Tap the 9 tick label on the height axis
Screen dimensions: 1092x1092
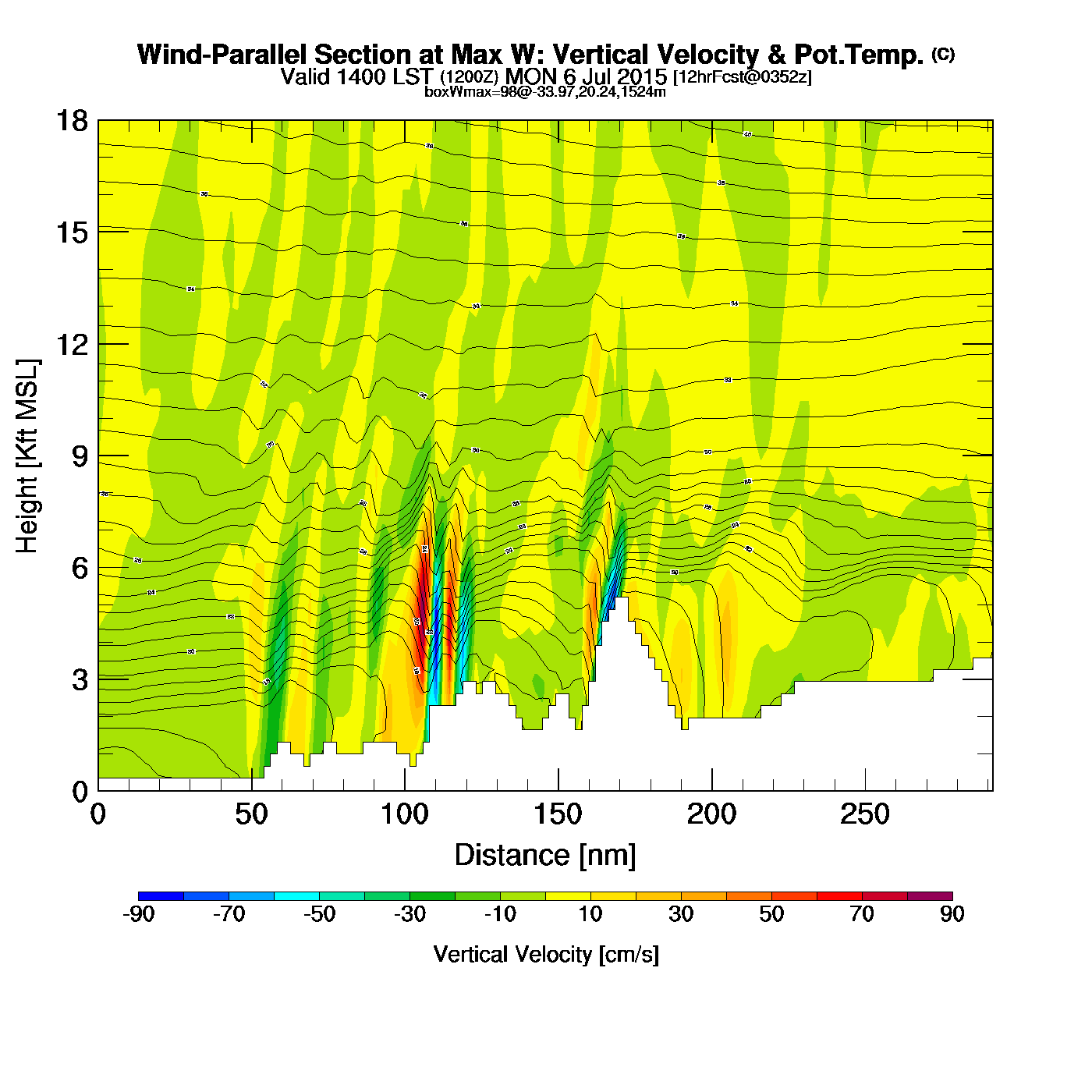point(80,456)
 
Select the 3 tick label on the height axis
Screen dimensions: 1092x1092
point(80,680)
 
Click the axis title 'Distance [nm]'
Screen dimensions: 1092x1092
point(545,856)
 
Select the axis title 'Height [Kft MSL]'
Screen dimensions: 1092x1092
point(28,456)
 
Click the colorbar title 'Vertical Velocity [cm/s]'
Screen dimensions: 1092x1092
point(545,955)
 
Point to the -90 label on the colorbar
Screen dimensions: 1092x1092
point(139,915)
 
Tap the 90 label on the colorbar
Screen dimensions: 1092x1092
point(952,915)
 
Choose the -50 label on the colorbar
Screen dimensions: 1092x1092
point(320,915)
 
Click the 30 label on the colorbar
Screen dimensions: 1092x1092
point(681,915)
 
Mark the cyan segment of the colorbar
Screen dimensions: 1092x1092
point(297,896)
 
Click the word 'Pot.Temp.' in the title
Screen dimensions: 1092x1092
point(859,55)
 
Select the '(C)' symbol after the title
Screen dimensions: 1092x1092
point(943,54)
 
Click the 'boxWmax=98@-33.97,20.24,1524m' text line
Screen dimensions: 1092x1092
point(545,92)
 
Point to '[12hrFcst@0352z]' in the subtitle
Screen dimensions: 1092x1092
point(742,77)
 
